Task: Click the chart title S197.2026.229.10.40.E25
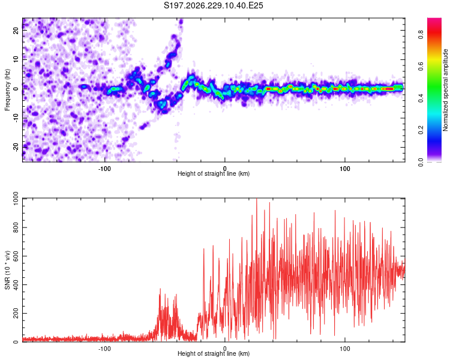213,5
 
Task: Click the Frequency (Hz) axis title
7,90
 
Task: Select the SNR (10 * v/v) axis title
7,270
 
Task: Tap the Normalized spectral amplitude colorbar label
445,90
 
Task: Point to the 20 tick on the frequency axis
16,30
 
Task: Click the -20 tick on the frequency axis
16,147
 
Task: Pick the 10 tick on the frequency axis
16,59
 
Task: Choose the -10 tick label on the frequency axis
16,118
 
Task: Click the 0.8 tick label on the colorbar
421,35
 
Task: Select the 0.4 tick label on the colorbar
421,98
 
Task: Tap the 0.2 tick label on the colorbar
421,130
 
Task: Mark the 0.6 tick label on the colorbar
421,67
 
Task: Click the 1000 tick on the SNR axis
16,199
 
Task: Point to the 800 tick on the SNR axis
16,227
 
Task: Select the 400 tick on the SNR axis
16,284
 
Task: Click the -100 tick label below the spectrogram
104,169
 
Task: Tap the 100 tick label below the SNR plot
344,349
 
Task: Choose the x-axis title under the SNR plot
214,353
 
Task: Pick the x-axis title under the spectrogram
214,173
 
